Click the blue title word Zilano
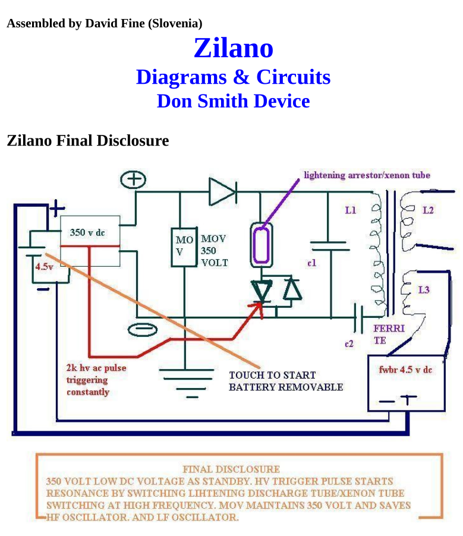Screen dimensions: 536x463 (x=233, y=48)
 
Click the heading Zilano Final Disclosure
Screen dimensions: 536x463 (x=87, y=141)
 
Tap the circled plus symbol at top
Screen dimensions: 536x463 (x=134, y=178)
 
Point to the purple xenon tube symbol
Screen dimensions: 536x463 (x=260, y=242)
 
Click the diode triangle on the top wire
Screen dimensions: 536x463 (x=222, y=191)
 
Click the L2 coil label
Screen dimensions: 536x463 (x=428, y=210)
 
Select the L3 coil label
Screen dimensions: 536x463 (x=424, y=290)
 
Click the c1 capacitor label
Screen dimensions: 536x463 (x=312, y=263)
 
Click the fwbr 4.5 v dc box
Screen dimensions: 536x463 (x=405, y=369)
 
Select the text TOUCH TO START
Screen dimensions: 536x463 (x=272, y=375)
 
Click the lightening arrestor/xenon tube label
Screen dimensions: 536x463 (x=366, y=175)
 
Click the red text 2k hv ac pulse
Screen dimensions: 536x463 (x=96, y=368)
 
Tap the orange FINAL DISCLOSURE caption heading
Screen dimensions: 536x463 (x=231, y=469)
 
